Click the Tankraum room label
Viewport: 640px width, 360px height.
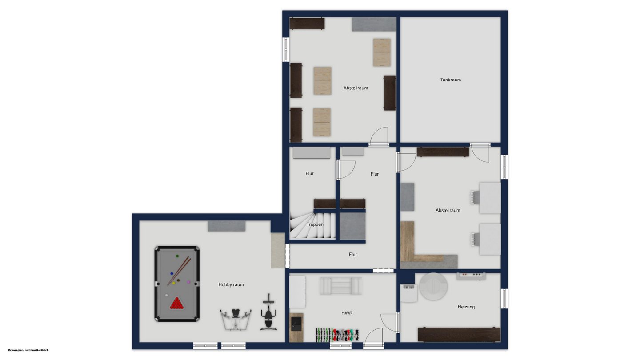point(451,80)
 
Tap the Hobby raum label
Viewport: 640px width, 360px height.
point(231,284)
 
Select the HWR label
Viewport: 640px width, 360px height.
point(347,313)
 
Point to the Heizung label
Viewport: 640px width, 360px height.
point(466,307)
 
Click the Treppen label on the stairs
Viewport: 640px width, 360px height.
point(315,224)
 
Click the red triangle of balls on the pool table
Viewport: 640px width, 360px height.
point(177,304)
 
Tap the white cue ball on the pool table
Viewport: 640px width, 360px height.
point(167,295)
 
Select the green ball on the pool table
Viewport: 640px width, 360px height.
point(177,256)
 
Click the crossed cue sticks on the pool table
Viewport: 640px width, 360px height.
point(179,271)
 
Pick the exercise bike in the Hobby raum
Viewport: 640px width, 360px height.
point(268,312)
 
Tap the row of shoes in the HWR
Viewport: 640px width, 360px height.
point(337,335)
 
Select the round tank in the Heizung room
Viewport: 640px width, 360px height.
point(433,287)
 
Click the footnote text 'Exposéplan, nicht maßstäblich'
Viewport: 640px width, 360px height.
point(28,350)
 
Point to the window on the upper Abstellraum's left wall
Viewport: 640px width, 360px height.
point(286,49)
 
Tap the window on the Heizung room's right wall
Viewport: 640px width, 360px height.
point(504,299)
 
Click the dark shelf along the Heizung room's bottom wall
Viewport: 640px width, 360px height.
point(459,335)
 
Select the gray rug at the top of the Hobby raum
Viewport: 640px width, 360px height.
point(227,226)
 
